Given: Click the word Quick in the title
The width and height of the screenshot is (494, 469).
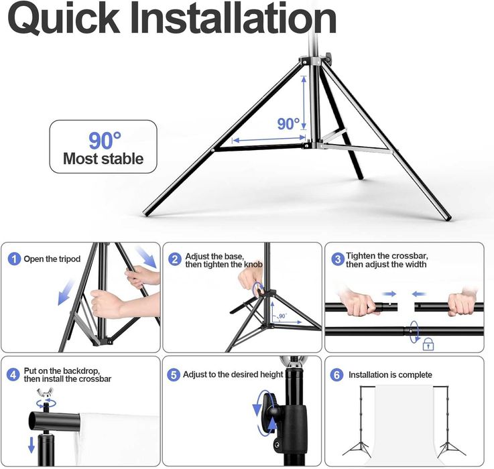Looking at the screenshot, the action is click(x=64, y=19).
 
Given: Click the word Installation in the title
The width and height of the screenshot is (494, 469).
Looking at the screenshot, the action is click(x=233, y=18).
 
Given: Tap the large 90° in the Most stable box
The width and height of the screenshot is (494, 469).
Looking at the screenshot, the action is click(x=105, y=141).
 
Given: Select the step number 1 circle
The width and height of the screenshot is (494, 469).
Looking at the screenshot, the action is click(x=14, y=259).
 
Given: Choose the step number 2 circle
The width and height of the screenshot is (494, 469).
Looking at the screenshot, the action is click(x=175, y=259).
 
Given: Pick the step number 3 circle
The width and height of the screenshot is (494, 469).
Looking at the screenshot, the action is click(x=338, y=259).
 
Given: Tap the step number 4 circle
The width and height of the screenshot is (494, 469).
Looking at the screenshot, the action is click(x=13, y=375).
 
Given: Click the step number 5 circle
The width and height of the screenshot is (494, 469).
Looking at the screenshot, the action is click(x=174, y=375).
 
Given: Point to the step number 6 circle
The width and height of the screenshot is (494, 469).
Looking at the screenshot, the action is click(x=336, y=375).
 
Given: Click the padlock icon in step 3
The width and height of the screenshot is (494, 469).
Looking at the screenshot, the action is click(x=428, y=344).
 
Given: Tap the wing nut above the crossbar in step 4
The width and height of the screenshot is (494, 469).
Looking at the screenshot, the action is click(x=46, y=393).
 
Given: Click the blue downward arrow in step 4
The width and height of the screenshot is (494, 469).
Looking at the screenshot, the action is click(x=32, y=445).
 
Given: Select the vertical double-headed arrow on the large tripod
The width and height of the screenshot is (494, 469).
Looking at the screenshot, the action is click(x=304, y=103).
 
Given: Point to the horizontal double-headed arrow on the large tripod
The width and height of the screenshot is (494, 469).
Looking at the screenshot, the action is click(x=269, y=139).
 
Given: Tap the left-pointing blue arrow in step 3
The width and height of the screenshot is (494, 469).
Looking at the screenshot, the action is click(x=419, y=294).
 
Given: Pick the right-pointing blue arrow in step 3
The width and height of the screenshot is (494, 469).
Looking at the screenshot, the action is click(x=389, y=294).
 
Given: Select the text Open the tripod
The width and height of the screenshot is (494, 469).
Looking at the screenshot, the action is click(x=52, y=259).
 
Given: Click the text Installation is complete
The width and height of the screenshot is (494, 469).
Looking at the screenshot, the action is click(x=390, y=375).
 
